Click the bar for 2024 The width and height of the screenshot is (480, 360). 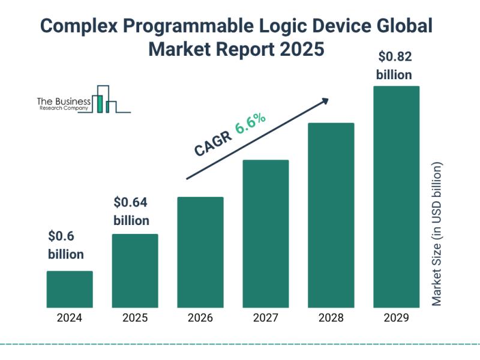pyautogui.click(x=70, y=289)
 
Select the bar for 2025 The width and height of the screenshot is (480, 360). pyautogui.click(x=135, y=271)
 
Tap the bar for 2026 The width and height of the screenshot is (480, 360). pyautogui.click(x=200, y=252)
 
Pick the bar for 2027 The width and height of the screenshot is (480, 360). pyautogui.click(x=266, y=233)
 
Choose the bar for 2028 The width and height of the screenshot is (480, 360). pyautogui.click(x=331, y=215)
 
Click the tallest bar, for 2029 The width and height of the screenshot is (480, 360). pyautogui.click(x=396, y=196)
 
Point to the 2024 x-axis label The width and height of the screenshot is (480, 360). pyautogui.click(x=70, y=318)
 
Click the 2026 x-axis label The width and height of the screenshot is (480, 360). pyautogui.click(x=200, y=318)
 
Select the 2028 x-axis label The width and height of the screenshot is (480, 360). pyautogui.click(x=331, y=318)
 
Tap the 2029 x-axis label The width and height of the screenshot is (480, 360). pyautogui.click(x=396, y=318)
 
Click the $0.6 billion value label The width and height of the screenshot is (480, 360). pyautogui.click(x=66, y=245)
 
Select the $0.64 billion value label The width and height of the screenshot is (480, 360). pyautogui.click(x=131, y=211)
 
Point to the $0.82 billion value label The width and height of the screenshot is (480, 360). pyautogui.click(x=394, y=66)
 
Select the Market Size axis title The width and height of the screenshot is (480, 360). pyautogui.click(x=437, y=233)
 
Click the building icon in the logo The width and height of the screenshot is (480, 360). pyautogui.click(x=107, y=100)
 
